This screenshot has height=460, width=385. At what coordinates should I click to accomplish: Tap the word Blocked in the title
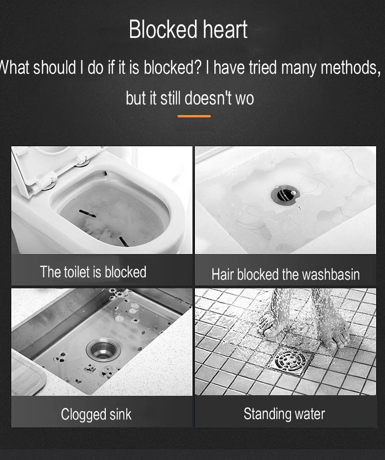[163, 29]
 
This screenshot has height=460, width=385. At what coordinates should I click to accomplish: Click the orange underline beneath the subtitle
[194, 116]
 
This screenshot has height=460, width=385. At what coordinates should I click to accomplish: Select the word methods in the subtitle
[350, 68]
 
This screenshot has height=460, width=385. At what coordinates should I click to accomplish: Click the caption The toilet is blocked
[93, 272]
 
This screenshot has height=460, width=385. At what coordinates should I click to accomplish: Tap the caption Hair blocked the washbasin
[286, 274]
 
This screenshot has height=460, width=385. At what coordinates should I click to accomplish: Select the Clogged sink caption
[96, 414]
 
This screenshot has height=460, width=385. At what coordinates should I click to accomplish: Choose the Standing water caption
[284, 414]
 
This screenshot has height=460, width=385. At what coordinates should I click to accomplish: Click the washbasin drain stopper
[284, 194]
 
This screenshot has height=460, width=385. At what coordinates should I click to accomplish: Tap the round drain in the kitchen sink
[103, 349]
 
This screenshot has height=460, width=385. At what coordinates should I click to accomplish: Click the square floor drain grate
[291, 361]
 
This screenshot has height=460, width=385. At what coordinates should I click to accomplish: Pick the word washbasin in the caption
[331, 274]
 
